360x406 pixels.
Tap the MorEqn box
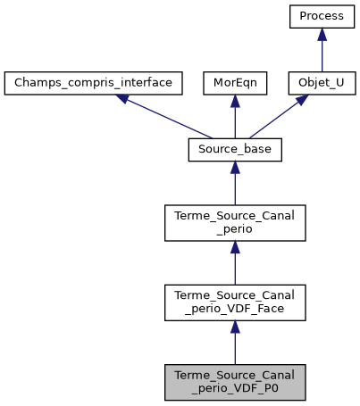click(x=234, y=84)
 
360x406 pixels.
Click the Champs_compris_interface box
click(x=94, y=84)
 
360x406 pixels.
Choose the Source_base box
click(x=235, y=151)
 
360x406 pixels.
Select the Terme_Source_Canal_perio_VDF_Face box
click(x=235, y=302)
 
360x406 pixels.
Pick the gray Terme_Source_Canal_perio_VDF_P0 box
click(x=235, y=381)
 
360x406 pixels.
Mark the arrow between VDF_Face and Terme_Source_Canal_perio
click(x=235, y=264)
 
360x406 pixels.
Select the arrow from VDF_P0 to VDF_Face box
click(x=235, y=343)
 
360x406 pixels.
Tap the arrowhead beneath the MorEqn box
click(x=235, y=102)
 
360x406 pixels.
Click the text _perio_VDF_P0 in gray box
click(x=235, y=388)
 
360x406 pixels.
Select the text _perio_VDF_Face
click(x=235, y=310)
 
